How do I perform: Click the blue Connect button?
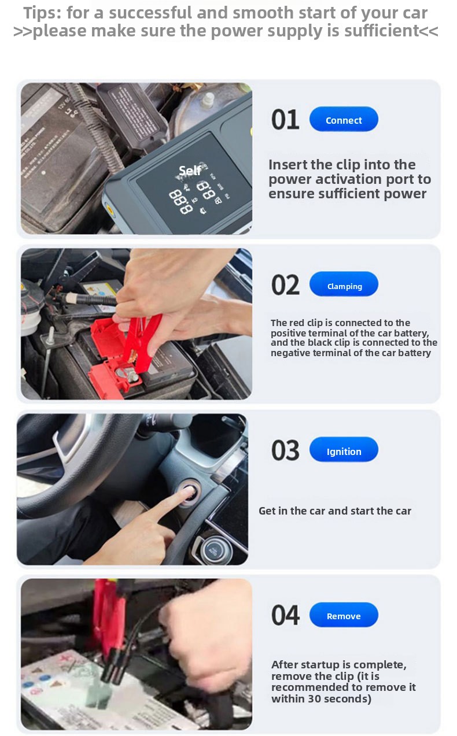coord(344,119)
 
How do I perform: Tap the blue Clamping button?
coord(344,284)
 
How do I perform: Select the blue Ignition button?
coord(344,449)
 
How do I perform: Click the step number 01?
coord(285,120)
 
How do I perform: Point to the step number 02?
coord(285,285)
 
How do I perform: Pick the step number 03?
coord(285,450)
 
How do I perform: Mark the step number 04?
coord(285,615)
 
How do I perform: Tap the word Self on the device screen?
coord(190,170)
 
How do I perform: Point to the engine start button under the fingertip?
coord(190,493)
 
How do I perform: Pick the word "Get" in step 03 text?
coord(267,511)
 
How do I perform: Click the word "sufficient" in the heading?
coord(381,31)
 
